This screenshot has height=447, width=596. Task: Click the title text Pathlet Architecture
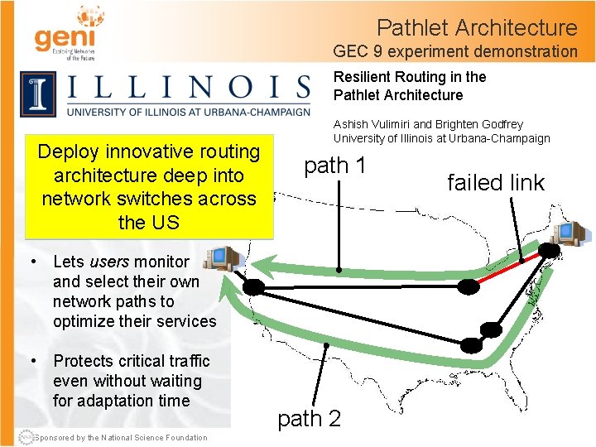[x=477, y=27]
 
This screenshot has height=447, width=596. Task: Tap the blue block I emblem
[x=38, y=94]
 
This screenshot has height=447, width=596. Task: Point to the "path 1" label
[x=334, y=166]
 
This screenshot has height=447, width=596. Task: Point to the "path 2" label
[x=309, y=419]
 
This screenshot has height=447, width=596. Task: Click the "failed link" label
[x=496, y=183]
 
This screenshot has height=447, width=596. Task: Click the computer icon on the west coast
[x=223, y=260]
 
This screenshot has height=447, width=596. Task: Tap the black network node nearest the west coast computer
[x=253, y=287]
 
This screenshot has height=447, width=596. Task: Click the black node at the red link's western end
[x=469, y=286]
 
